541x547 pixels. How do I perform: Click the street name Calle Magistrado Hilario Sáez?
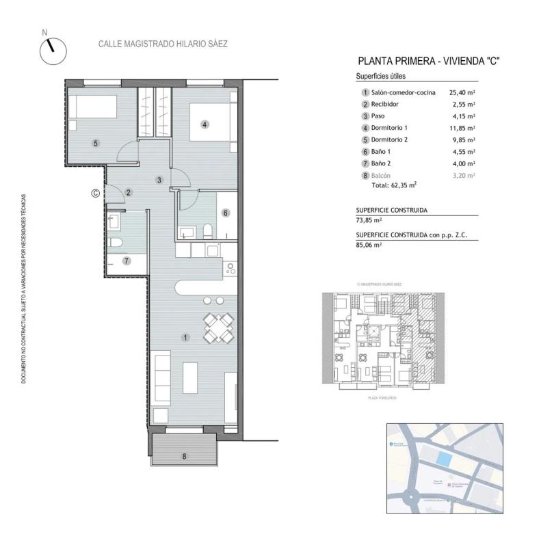(163, 44)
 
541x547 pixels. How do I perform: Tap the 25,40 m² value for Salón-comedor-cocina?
(462, 92)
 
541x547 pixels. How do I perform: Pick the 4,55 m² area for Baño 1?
(462, 152)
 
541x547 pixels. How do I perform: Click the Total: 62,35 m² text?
(394, 185)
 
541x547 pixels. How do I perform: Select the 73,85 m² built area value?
(369, 220)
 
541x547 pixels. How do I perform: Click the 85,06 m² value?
(369, 244)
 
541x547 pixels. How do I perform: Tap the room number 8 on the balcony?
(184, 456)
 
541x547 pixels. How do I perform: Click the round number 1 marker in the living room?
(185, 338)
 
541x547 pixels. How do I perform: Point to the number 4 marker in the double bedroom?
(204, 124)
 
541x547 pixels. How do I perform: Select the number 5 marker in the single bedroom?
(96, 143)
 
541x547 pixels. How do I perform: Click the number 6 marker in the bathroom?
(225, 213)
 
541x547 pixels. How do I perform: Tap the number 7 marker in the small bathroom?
(126, 261)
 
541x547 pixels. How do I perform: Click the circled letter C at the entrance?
(95, 193)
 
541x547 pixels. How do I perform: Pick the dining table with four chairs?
(218, 327)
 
